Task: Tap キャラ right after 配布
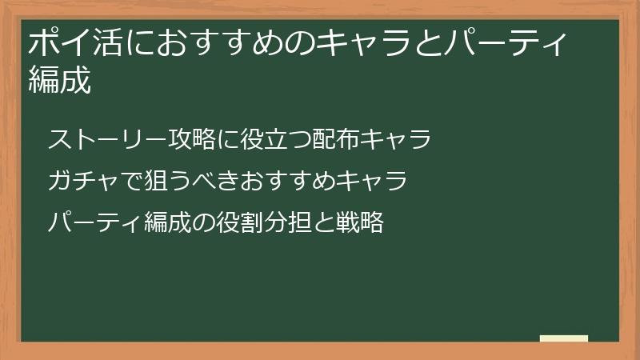coord(402,139)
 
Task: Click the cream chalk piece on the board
coord(564,338)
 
